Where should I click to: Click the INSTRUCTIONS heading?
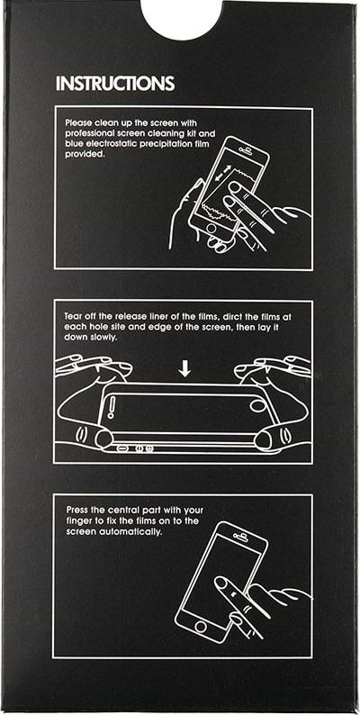[x=115, y=84]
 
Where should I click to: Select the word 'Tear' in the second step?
[x=73, y=316]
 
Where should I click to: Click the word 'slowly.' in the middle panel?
[x=106, y=337]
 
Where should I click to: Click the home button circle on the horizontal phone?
[x=257, y=405]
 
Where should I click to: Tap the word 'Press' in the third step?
[x=76, y=511]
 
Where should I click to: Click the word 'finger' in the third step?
[x=78, y=521]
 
